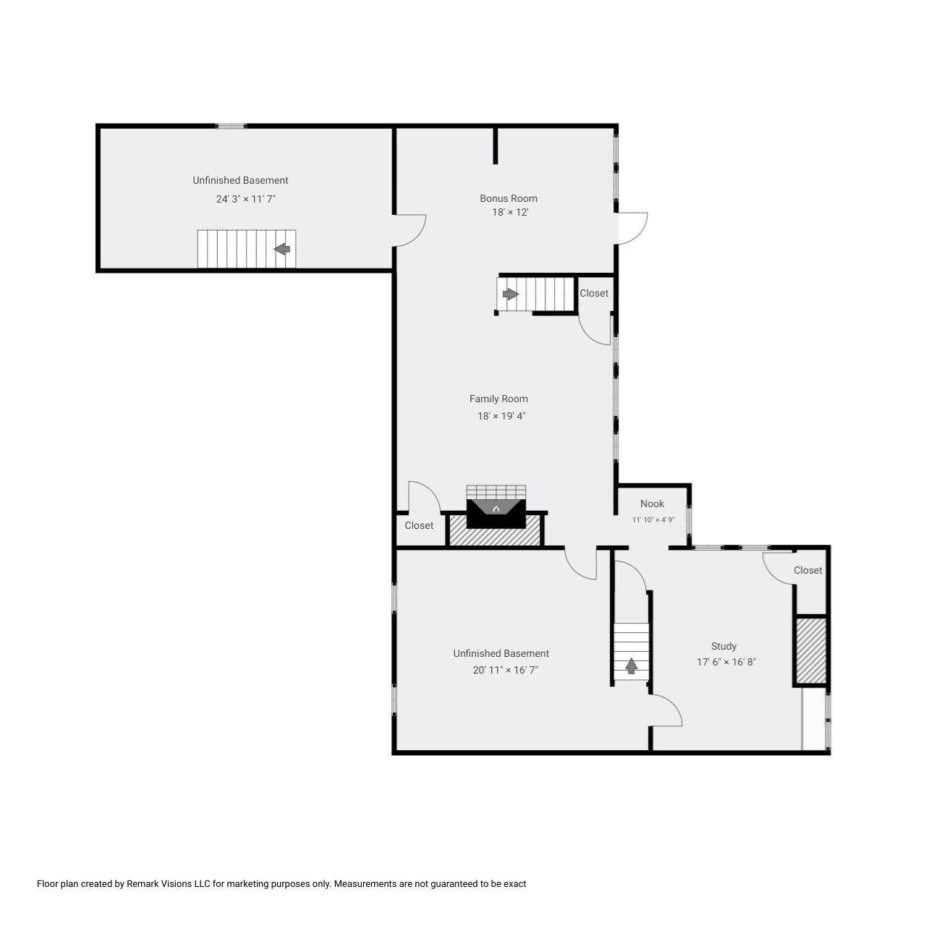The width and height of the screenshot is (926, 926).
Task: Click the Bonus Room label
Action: click(509, 198)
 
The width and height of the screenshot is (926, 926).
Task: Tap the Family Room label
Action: click(498, 399)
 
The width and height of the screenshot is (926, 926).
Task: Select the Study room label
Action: click(723, 646)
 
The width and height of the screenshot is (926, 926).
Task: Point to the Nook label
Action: click(652, 504)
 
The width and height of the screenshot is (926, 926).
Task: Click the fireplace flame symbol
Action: click(496, 509)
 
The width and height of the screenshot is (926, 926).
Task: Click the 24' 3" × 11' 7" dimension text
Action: click(246, 198)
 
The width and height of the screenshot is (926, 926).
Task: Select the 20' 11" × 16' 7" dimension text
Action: click(505, 670)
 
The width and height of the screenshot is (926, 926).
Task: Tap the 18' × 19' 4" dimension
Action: click(501, 416)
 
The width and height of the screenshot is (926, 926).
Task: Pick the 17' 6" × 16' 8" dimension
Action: click(726, 661)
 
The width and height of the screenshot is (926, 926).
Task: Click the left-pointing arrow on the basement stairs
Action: click(282, 249)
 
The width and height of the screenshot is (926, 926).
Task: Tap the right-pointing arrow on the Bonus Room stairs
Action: click(511, 294)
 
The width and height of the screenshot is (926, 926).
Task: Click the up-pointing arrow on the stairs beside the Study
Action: click(631, 666)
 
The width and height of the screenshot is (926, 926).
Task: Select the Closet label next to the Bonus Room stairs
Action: click(594, 293)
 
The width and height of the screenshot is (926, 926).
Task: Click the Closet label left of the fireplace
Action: click(419, 525)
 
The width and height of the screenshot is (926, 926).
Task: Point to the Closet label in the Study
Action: click(807, 570)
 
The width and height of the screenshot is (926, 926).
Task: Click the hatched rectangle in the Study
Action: click(811, 649)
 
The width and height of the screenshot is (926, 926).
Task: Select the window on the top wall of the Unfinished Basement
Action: click(231, 127)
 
